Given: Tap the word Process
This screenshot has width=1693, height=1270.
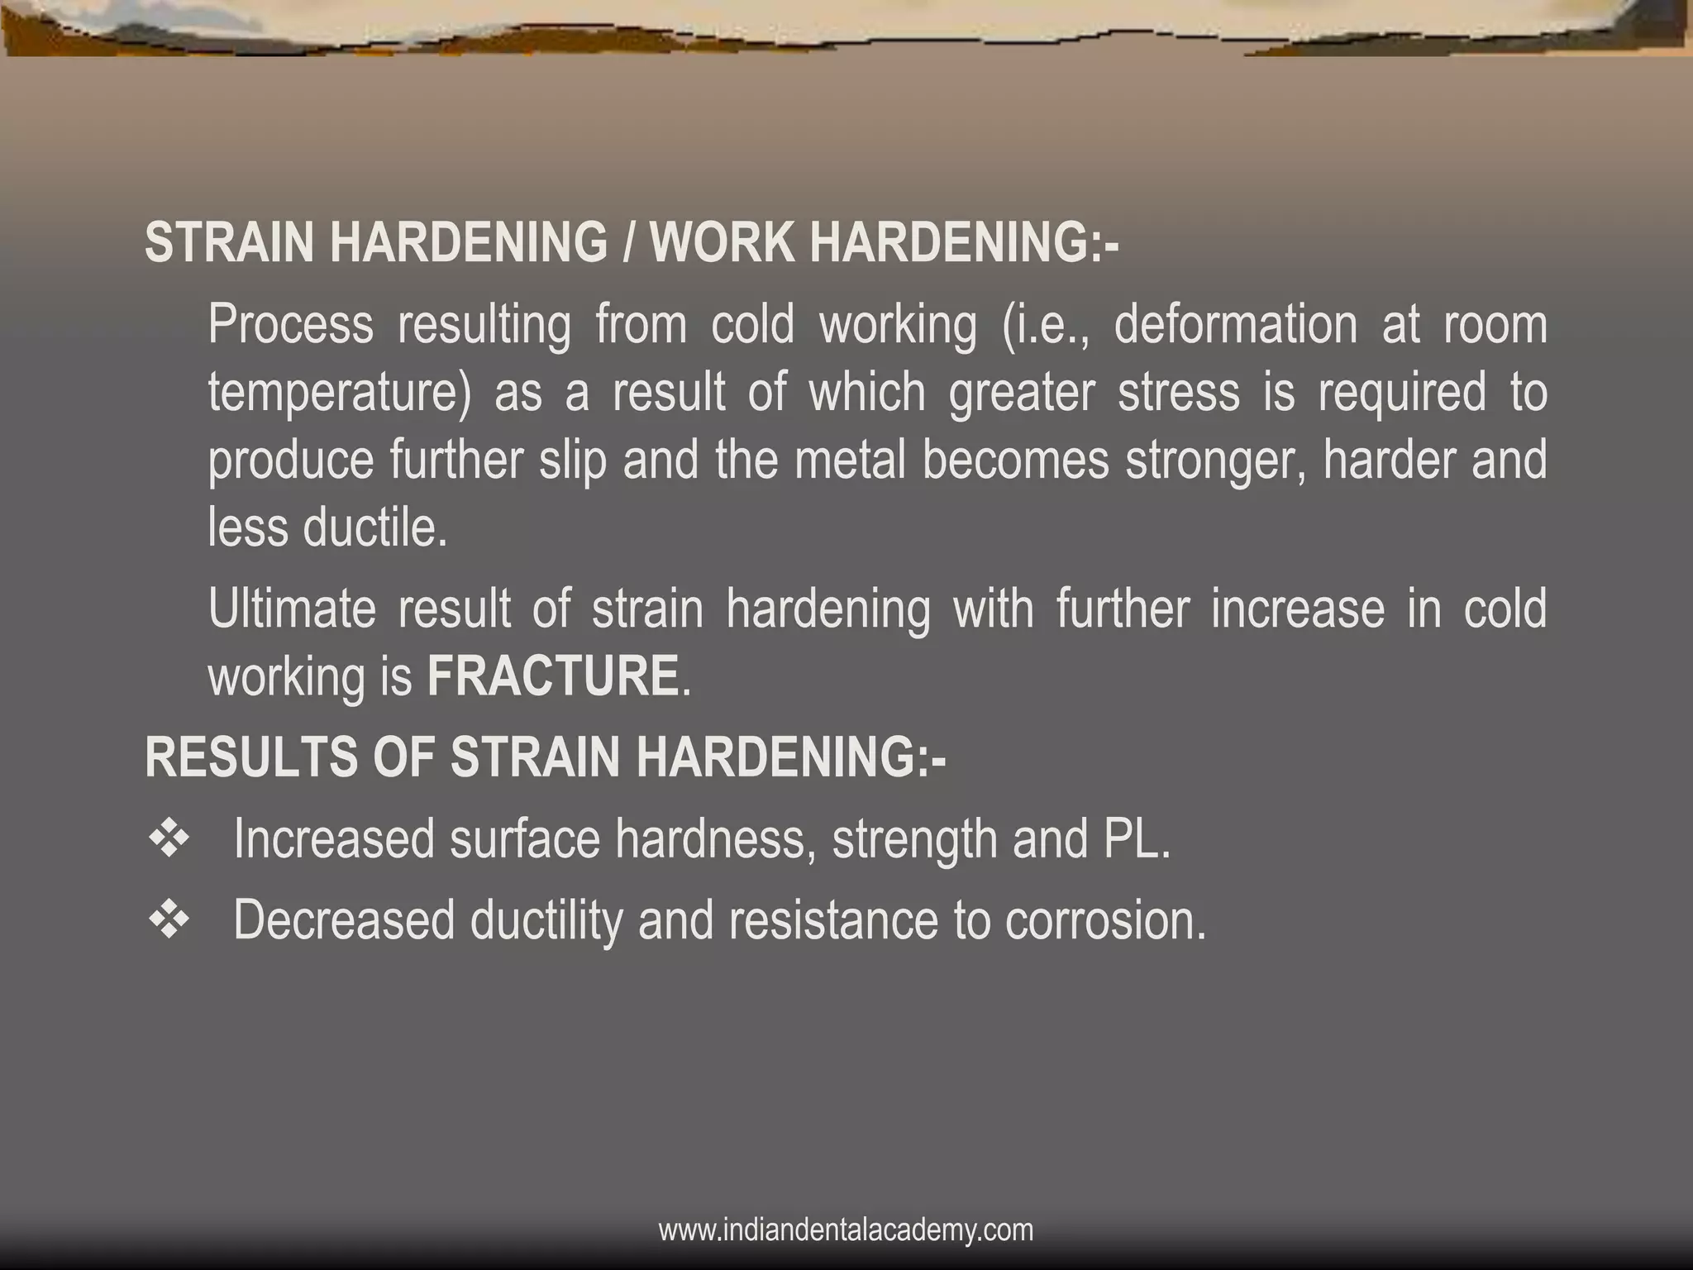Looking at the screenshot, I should click(x=290, y=324).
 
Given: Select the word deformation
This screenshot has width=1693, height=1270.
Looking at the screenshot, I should click(x=1235, y=324).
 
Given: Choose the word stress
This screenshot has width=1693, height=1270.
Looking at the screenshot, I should click(x=1179, y=392).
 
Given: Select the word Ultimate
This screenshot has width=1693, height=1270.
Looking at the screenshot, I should click(x=292, y=609).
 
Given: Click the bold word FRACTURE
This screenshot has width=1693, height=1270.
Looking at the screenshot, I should click(x=553, y=676).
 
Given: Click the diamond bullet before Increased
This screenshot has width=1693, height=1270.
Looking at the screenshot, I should click(x=169, y=839).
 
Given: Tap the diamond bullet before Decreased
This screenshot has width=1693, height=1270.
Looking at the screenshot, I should click(x=169, y=920).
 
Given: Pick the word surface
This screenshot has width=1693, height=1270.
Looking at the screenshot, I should click(x=524, y=839).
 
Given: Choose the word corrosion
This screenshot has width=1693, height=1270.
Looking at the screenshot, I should click(x=1105, y=920).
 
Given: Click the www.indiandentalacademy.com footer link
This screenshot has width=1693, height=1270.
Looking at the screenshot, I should click(x=846, y=1229).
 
